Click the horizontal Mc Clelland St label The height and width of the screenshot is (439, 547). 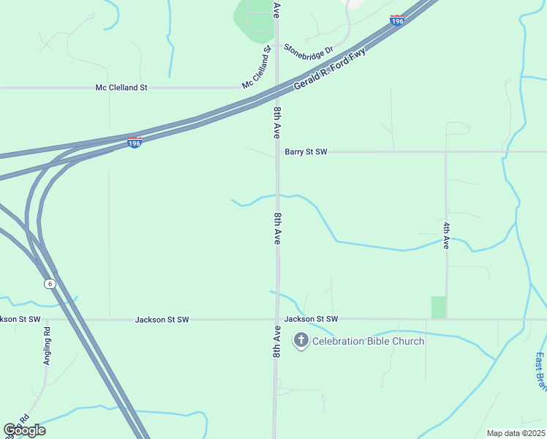coord(121,88)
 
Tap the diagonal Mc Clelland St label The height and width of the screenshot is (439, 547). coord(257,68)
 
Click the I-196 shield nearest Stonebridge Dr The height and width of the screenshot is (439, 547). coord(397,21)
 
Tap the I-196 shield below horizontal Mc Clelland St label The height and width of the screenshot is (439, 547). coord(134,142)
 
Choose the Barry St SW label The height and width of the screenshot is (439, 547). coord(306,151)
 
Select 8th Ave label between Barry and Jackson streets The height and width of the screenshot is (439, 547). coord(277,229)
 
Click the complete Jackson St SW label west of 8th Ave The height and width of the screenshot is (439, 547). coord(162,320)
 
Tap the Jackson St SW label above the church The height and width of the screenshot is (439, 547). coord(312,319)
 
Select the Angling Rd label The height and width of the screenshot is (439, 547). coord(47,345)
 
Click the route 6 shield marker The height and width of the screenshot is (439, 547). coord(50,283)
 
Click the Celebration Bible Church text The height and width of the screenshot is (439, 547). coord(368,341)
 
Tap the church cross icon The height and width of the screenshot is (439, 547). coord(301,340)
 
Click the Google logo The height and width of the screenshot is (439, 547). coord(24,430)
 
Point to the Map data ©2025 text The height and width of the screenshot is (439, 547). coord(516,433)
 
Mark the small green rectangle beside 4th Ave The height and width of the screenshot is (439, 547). coord(438,307)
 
